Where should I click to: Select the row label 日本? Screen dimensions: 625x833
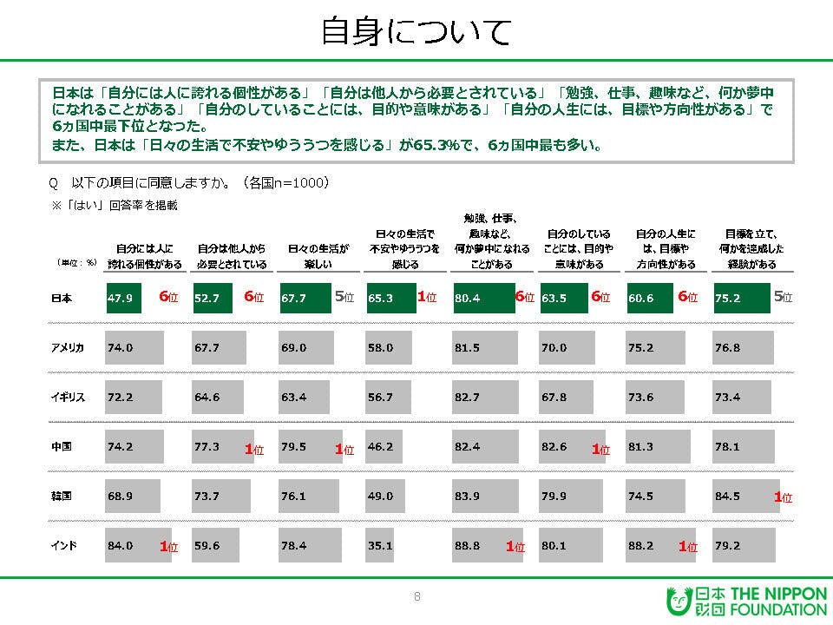coord(62,298)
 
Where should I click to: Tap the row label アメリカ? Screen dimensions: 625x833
coord(69,347)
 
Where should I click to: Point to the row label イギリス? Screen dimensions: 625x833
coord(69,397)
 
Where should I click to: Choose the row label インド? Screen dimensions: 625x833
coord(64,545)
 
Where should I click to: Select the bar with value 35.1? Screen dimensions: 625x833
coord(379,545)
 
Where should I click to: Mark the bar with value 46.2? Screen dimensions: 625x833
coord(384,446)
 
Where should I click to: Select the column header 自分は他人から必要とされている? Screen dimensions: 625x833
coord(230,255)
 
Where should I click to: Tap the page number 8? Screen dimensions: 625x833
coord(416,596)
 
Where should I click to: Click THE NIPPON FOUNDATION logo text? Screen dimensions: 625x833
coord(777,602)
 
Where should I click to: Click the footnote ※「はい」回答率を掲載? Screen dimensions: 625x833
coord(113,205)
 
